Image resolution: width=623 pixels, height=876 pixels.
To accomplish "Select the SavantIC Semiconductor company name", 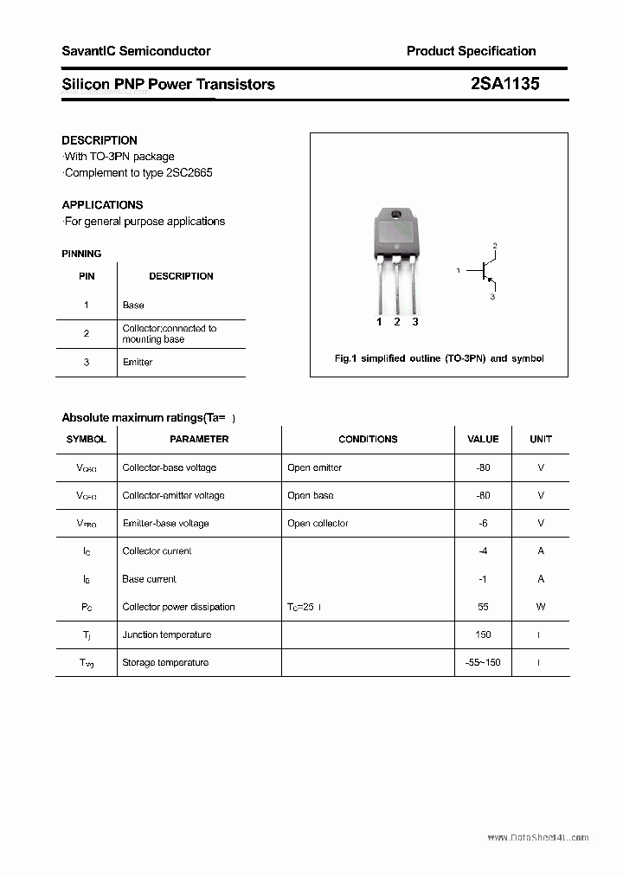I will pyautogui.click(x=136, y=51).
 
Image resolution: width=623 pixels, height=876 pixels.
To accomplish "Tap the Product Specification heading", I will pyautogui.click(x=471, y=51).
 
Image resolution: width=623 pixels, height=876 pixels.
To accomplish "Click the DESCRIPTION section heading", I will pyautogui.click(x=100, y=140).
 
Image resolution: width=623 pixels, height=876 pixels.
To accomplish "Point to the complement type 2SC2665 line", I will pyautogui.click(x=138, y=172).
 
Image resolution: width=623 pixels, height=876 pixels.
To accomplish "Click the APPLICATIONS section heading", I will pyautogui.click(x=102, y=205).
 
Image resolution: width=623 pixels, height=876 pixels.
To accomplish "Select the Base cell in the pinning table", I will pyautogui.click(x=133, y=305).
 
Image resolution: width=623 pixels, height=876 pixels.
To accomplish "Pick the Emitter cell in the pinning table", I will pyautogui.click(x=137, y=362).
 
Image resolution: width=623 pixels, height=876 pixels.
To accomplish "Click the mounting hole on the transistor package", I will pyautogui.click(x=396, y=216).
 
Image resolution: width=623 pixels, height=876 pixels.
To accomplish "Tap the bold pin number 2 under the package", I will pyautogui.click(x=396, y=322).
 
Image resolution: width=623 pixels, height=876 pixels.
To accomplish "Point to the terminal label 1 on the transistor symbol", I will pyautogui.click(x=458, y=271).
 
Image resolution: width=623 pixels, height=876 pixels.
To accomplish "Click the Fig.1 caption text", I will pyautogui.click(x=439, y=358).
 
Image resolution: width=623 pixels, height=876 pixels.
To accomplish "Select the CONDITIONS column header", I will pyautogui.click(x=368, y=439).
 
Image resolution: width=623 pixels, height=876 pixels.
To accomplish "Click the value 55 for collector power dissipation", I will pyautogui.click(x=483, y=607).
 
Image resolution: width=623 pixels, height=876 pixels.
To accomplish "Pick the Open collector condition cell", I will pyautogui.click(x=318, y=523).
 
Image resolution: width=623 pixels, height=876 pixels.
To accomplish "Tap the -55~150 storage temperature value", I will pyautogui.click(x=483, y=662).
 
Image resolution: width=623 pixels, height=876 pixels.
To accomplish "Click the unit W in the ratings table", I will pyautogui.click(x=541, y=607).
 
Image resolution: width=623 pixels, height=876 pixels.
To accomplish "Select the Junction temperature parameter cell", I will pyautogui.click(x=166, y=634).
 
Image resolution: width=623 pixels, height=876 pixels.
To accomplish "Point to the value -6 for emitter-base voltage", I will pyautogui.click(x=483, y=523).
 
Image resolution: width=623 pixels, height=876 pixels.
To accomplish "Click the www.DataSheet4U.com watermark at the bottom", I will pyautogui.click(x=537, y=838).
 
